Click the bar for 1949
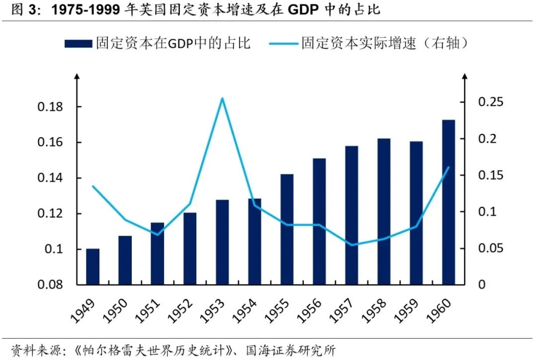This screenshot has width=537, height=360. (x=92, y=267)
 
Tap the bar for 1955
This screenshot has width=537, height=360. (x=287, y=229)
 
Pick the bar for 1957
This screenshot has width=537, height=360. (x=352, y=215)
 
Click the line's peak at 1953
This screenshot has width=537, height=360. (x=222, y=98)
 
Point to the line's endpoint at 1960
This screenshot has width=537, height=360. (x=448, y=167)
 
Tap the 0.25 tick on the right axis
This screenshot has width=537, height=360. (x=491, y=102)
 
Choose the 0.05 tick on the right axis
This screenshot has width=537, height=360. (x=491, y=248)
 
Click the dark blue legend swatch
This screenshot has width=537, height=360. (x=78, y=44)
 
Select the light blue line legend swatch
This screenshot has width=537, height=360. (x=284, y=44)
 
